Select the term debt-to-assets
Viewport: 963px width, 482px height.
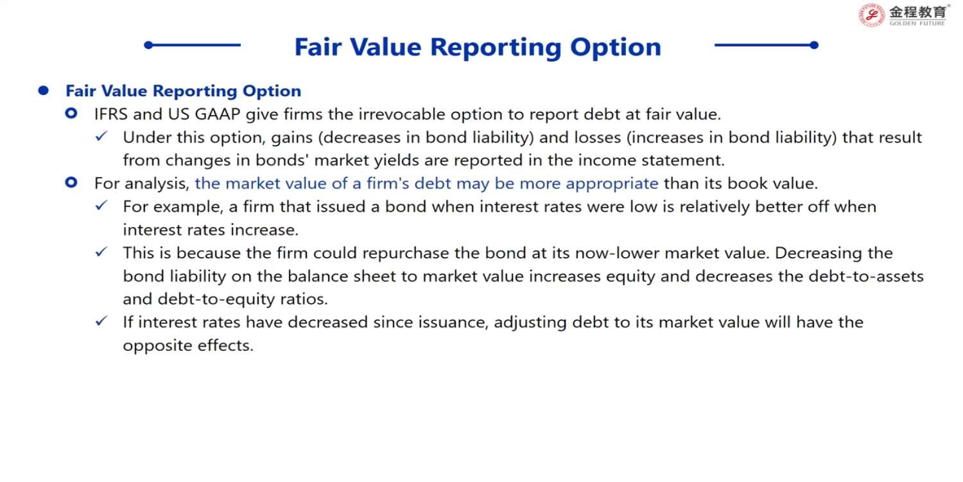click(x=866, y=276)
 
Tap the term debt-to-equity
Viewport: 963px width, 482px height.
click(x=216, y=299)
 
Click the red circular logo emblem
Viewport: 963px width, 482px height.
click(x=871, y=15)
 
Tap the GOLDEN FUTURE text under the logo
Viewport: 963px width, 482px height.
click(x=917, y=23)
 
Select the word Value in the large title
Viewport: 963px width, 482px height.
click(x=386, y=47)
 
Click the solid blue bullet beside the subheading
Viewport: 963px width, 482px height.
click(x=43, y=91)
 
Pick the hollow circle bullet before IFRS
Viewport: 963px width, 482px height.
click(x=71, y=114)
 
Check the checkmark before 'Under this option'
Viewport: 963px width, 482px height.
click(x=101, y=137)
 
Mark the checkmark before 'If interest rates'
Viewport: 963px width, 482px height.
click(x=101, y=321)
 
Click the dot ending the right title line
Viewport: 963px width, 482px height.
click(x=814, y=45)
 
